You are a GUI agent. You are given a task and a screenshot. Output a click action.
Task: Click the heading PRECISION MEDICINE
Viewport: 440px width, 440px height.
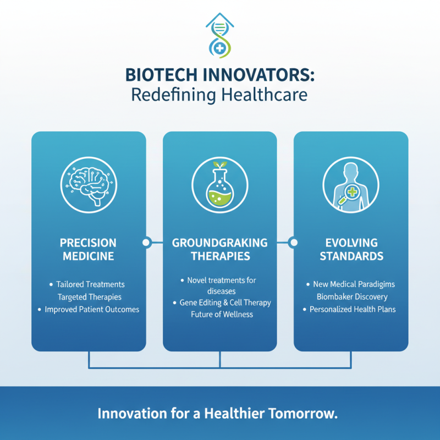click(88, 249)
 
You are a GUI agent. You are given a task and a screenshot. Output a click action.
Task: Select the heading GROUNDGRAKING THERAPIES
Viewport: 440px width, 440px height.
click(219, 249)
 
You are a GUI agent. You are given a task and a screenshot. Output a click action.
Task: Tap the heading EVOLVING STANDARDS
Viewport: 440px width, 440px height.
click(351, 249)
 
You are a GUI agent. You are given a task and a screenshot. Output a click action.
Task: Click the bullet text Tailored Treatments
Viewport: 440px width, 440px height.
click(90, 284)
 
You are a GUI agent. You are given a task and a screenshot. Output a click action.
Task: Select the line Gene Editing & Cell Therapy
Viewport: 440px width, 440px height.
click(225, 302)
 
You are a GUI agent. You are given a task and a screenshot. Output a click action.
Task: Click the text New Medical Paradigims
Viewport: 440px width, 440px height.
click(354, 284)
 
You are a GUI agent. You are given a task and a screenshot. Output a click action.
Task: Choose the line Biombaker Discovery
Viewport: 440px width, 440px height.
click(352, 297)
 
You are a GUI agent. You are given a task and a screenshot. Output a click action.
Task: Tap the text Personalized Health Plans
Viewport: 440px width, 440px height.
click(353, 310)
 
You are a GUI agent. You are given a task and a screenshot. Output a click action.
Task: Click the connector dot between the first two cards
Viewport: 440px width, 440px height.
click(146, 242)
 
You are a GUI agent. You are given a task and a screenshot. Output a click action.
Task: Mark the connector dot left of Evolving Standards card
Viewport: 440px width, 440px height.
click(293, 242)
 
